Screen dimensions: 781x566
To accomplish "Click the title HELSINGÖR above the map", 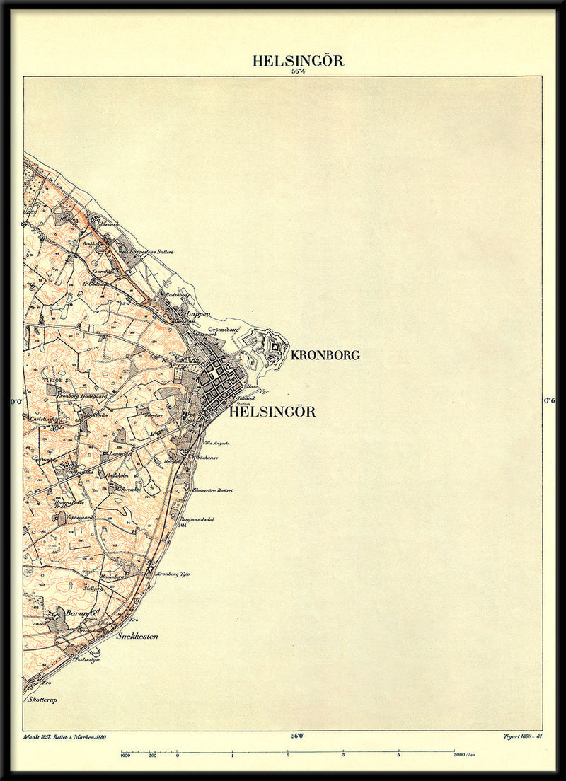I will coord(298,61).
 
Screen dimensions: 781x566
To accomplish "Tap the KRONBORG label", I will coord(325,355).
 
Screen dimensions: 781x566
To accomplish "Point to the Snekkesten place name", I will coord(137,636).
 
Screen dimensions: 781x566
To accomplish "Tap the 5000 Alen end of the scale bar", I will coord(464,755).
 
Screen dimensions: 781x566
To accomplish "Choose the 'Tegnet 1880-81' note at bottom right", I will coord(522,736).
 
